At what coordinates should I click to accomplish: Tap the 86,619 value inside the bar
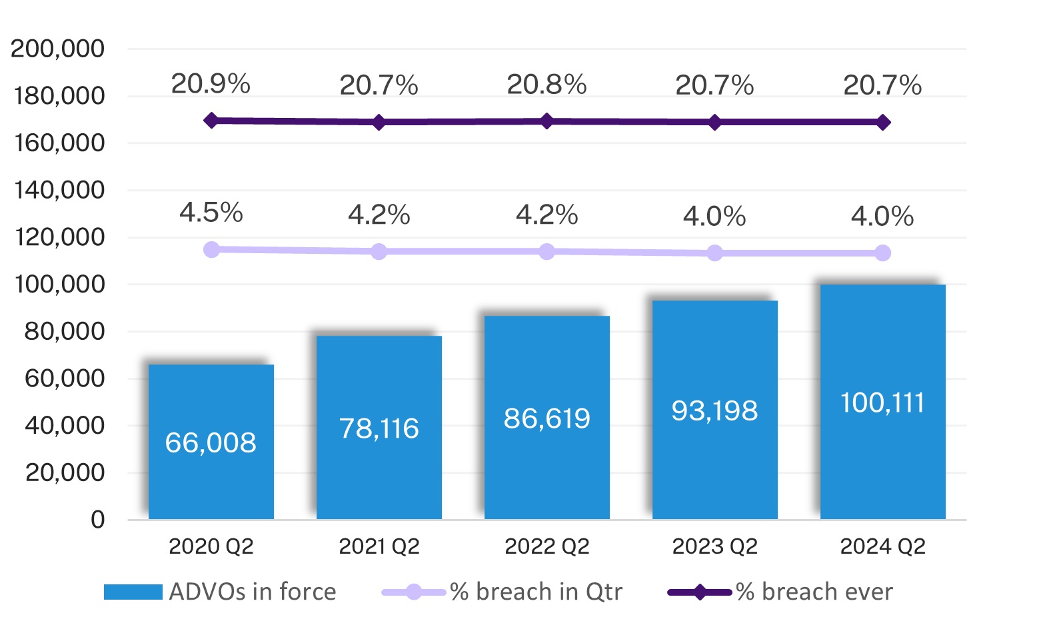point(546,418)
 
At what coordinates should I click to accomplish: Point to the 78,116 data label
point(379,428)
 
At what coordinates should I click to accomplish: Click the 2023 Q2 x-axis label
point(714,546)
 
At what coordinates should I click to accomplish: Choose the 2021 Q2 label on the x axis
point(379,546)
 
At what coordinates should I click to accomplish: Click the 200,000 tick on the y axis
point(58,49)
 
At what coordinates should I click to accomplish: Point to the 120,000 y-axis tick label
point(58,237)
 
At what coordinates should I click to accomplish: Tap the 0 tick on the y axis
point(97,520)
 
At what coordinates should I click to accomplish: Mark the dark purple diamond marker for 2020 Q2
point(211,121)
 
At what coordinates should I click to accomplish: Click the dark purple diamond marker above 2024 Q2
point(882,123)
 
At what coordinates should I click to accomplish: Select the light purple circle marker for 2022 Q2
point(546,251)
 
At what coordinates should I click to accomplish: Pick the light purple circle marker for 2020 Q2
point(211,250)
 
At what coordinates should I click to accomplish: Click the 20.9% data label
point(211,84)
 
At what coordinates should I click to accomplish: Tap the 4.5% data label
point(211,213)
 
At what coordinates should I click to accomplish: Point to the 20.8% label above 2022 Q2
point(546,85)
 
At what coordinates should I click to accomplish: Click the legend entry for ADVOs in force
point(253,592)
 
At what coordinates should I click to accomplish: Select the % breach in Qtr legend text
point(536,592)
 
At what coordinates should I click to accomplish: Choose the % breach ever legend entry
point(814,592)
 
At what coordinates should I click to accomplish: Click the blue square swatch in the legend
point(133,592)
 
